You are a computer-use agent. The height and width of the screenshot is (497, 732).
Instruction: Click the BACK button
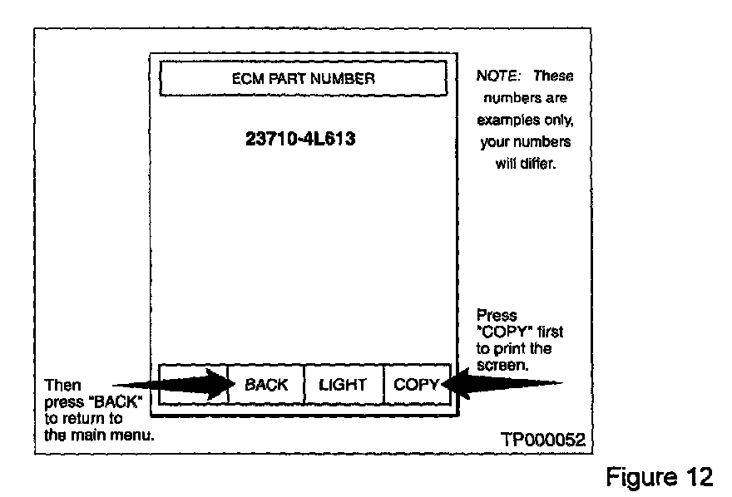coord(265,385)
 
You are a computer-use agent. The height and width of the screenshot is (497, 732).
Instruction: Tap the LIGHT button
coord(343,385)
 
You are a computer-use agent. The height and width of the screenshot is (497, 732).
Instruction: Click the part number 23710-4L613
coord(301,139)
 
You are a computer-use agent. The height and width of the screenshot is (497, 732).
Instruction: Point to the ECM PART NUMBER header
coord(303,80)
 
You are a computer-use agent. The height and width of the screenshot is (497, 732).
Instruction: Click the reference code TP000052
coord(542,439)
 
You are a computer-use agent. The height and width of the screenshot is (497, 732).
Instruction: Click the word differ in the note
coord(537,164)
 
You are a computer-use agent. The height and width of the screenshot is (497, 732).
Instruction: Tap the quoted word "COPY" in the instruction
coord(502,332)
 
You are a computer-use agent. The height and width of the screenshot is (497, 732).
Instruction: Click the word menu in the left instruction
coord(135,435)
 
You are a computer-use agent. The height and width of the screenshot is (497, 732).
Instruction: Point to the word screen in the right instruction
coord(502,364)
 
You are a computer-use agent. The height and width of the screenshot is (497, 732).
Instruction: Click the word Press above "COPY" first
coord(496,316)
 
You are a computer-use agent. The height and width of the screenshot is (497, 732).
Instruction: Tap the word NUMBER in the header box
coord(347,80)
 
